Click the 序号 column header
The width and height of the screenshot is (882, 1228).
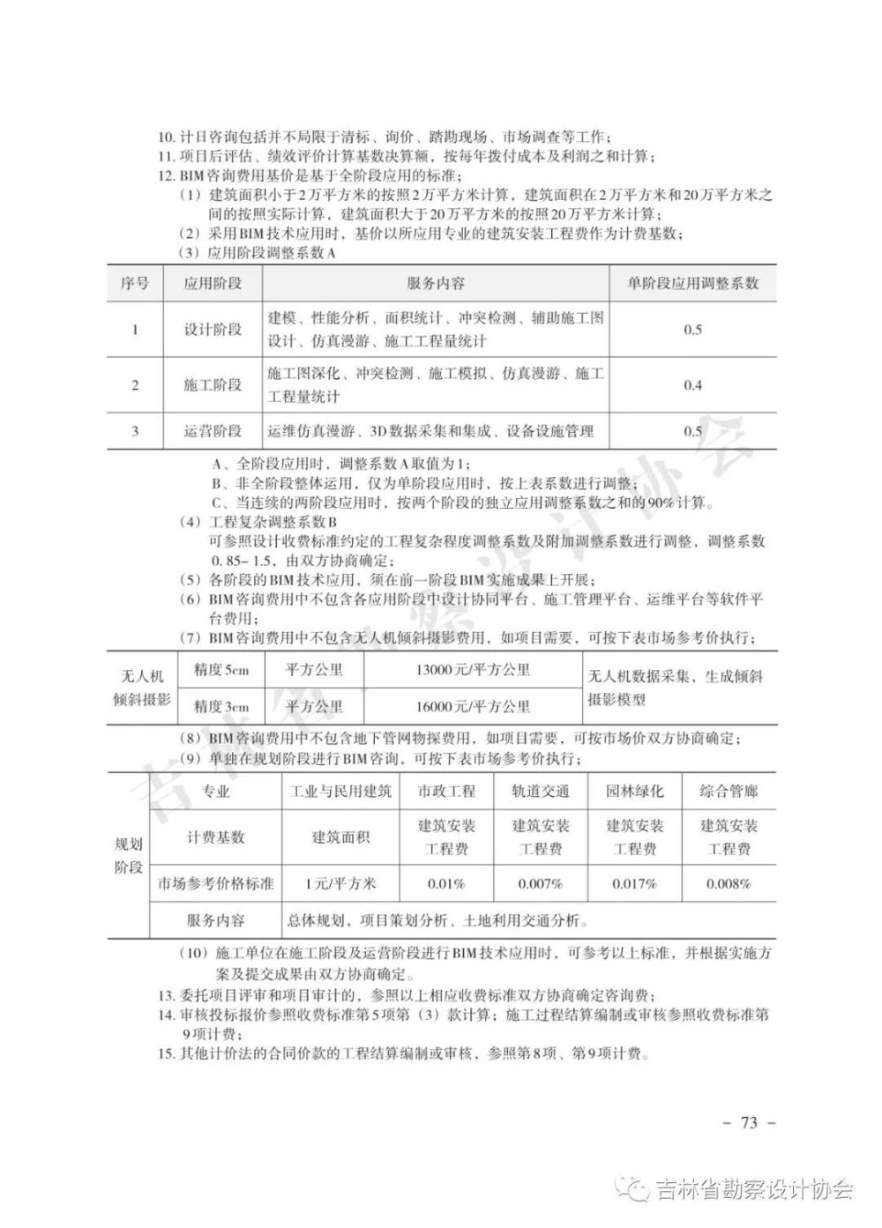tap(135, 283)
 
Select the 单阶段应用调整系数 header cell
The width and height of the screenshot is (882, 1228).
tap(692, 283)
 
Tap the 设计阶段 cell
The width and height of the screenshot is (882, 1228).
tap(213, 330)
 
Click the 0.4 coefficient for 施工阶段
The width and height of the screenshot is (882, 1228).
tap(692, 385)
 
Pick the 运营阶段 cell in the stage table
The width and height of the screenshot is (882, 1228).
tap(213, 431)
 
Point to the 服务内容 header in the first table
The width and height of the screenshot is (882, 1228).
tap(436, 283)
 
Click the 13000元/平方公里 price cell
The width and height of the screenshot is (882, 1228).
tap(473, 670)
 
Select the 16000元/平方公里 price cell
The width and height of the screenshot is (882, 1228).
tap(473, 706)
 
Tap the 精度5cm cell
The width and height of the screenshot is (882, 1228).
tap(221, 670)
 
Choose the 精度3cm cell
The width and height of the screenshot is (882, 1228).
tap(221, 706)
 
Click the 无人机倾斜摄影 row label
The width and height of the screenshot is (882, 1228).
tap(142, 688)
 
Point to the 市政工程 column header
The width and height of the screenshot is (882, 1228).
tap(446, 791)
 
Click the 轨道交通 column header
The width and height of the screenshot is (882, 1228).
tap(541, 791)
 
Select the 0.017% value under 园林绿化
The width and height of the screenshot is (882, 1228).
tap(634, 882)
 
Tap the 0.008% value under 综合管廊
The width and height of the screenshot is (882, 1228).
tap(729, 882)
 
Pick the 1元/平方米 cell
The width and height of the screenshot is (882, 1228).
tap(340, 882)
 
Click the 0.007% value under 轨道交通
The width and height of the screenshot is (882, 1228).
tap(541, 882)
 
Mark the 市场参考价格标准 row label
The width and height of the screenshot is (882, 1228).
tap(216, 882)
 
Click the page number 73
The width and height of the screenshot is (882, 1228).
tap(750, 1122)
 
